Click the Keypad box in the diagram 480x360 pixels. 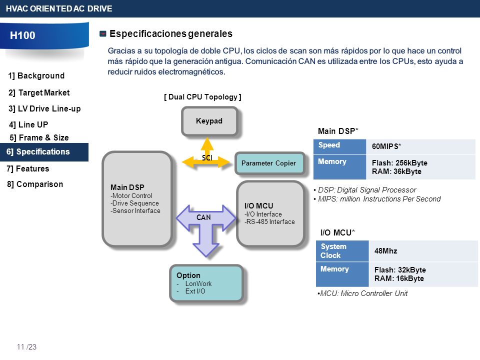coord(209,121)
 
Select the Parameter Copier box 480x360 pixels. coord(269,163)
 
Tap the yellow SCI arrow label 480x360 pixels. coord(207,157)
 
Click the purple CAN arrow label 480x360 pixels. coord(203,217)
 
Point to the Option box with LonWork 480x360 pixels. coord(206,283)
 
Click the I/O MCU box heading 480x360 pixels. coord(258,205)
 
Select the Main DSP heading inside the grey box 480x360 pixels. coord(127,187)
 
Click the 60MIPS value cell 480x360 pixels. coord(420,146)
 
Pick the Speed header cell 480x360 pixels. coord(340,146)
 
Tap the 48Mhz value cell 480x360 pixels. coord(423,251)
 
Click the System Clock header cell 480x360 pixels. coord(342,251)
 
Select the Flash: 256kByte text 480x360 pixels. coord(399,163)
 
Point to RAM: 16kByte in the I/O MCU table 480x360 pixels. coord(399,278)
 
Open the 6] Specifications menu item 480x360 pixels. coord(44,152)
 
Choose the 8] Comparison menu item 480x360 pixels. coord(35,184)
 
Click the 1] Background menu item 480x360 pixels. coord(36,75)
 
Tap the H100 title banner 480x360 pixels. coord(44,35)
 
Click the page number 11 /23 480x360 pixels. coord(26,347)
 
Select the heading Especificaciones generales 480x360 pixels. coord(171,33)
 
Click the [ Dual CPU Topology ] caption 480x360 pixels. coord(202,97)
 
